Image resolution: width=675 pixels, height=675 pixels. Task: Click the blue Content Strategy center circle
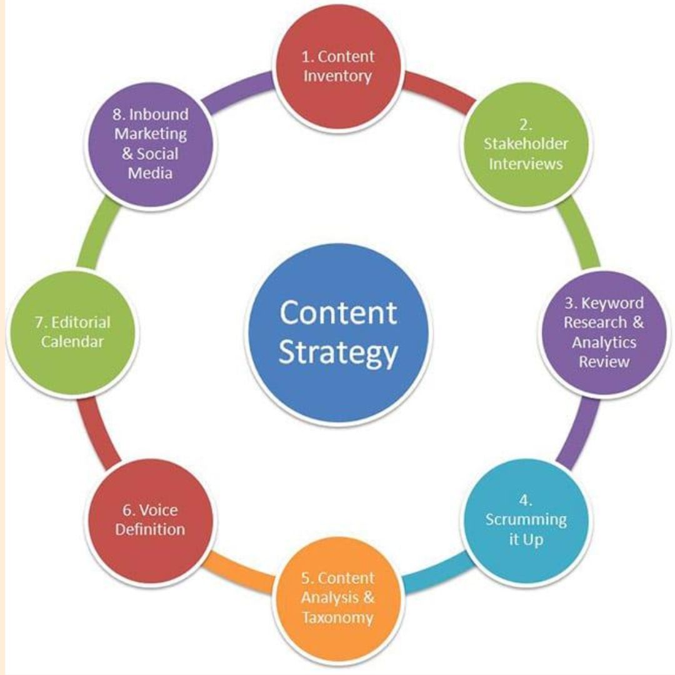pos(337,332)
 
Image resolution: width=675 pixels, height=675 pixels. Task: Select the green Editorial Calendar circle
pos(72,333)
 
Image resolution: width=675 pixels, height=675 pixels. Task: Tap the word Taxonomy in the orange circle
pos(337,618)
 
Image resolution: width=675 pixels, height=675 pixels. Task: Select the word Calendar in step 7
pos(72,342)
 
